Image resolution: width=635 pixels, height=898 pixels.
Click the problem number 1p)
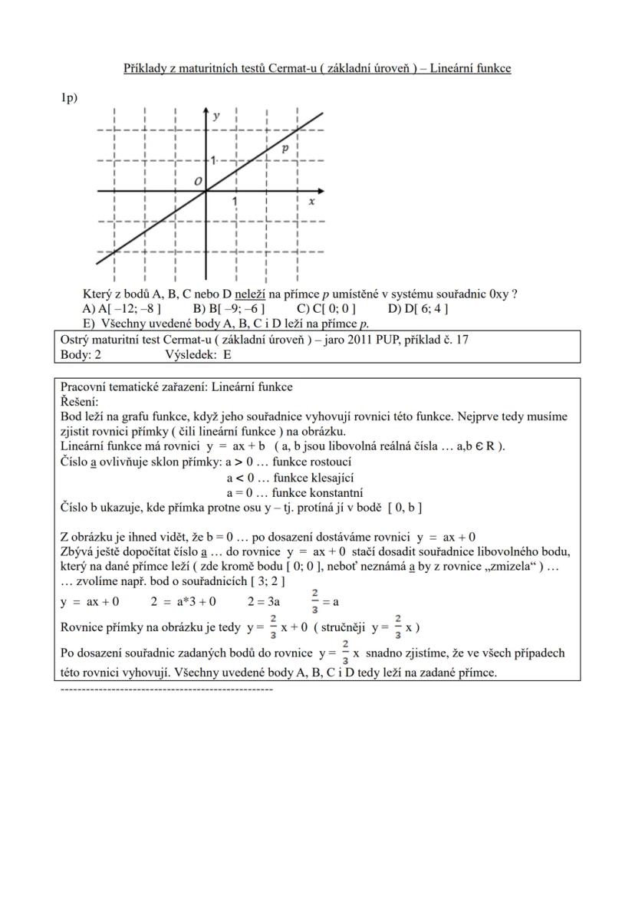point(69,98)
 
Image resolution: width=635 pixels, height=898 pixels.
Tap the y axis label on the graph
point(216,116)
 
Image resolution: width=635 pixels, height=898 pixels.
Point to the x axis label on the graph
point(311,201)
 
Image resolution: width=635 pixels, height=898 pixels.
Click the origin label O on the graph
point(198,181)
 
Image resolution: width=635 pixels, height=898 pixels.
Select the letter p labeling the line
point(285,148)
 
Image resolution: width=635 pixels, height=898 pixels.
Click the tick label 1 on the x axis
point(235,201)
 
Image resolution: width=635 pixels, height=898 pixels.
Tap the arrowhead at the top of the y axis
point(206,113)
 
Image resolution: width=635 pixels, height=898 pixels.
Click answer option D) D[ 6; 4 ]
point(418,309)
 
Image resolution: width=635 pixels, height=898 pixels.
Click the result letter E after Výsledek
point(227,355)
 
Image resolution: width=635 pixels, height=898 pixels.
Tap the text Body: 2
point(81,355)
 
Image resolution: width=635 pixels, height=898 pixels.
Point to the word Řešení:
point(80,402)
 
